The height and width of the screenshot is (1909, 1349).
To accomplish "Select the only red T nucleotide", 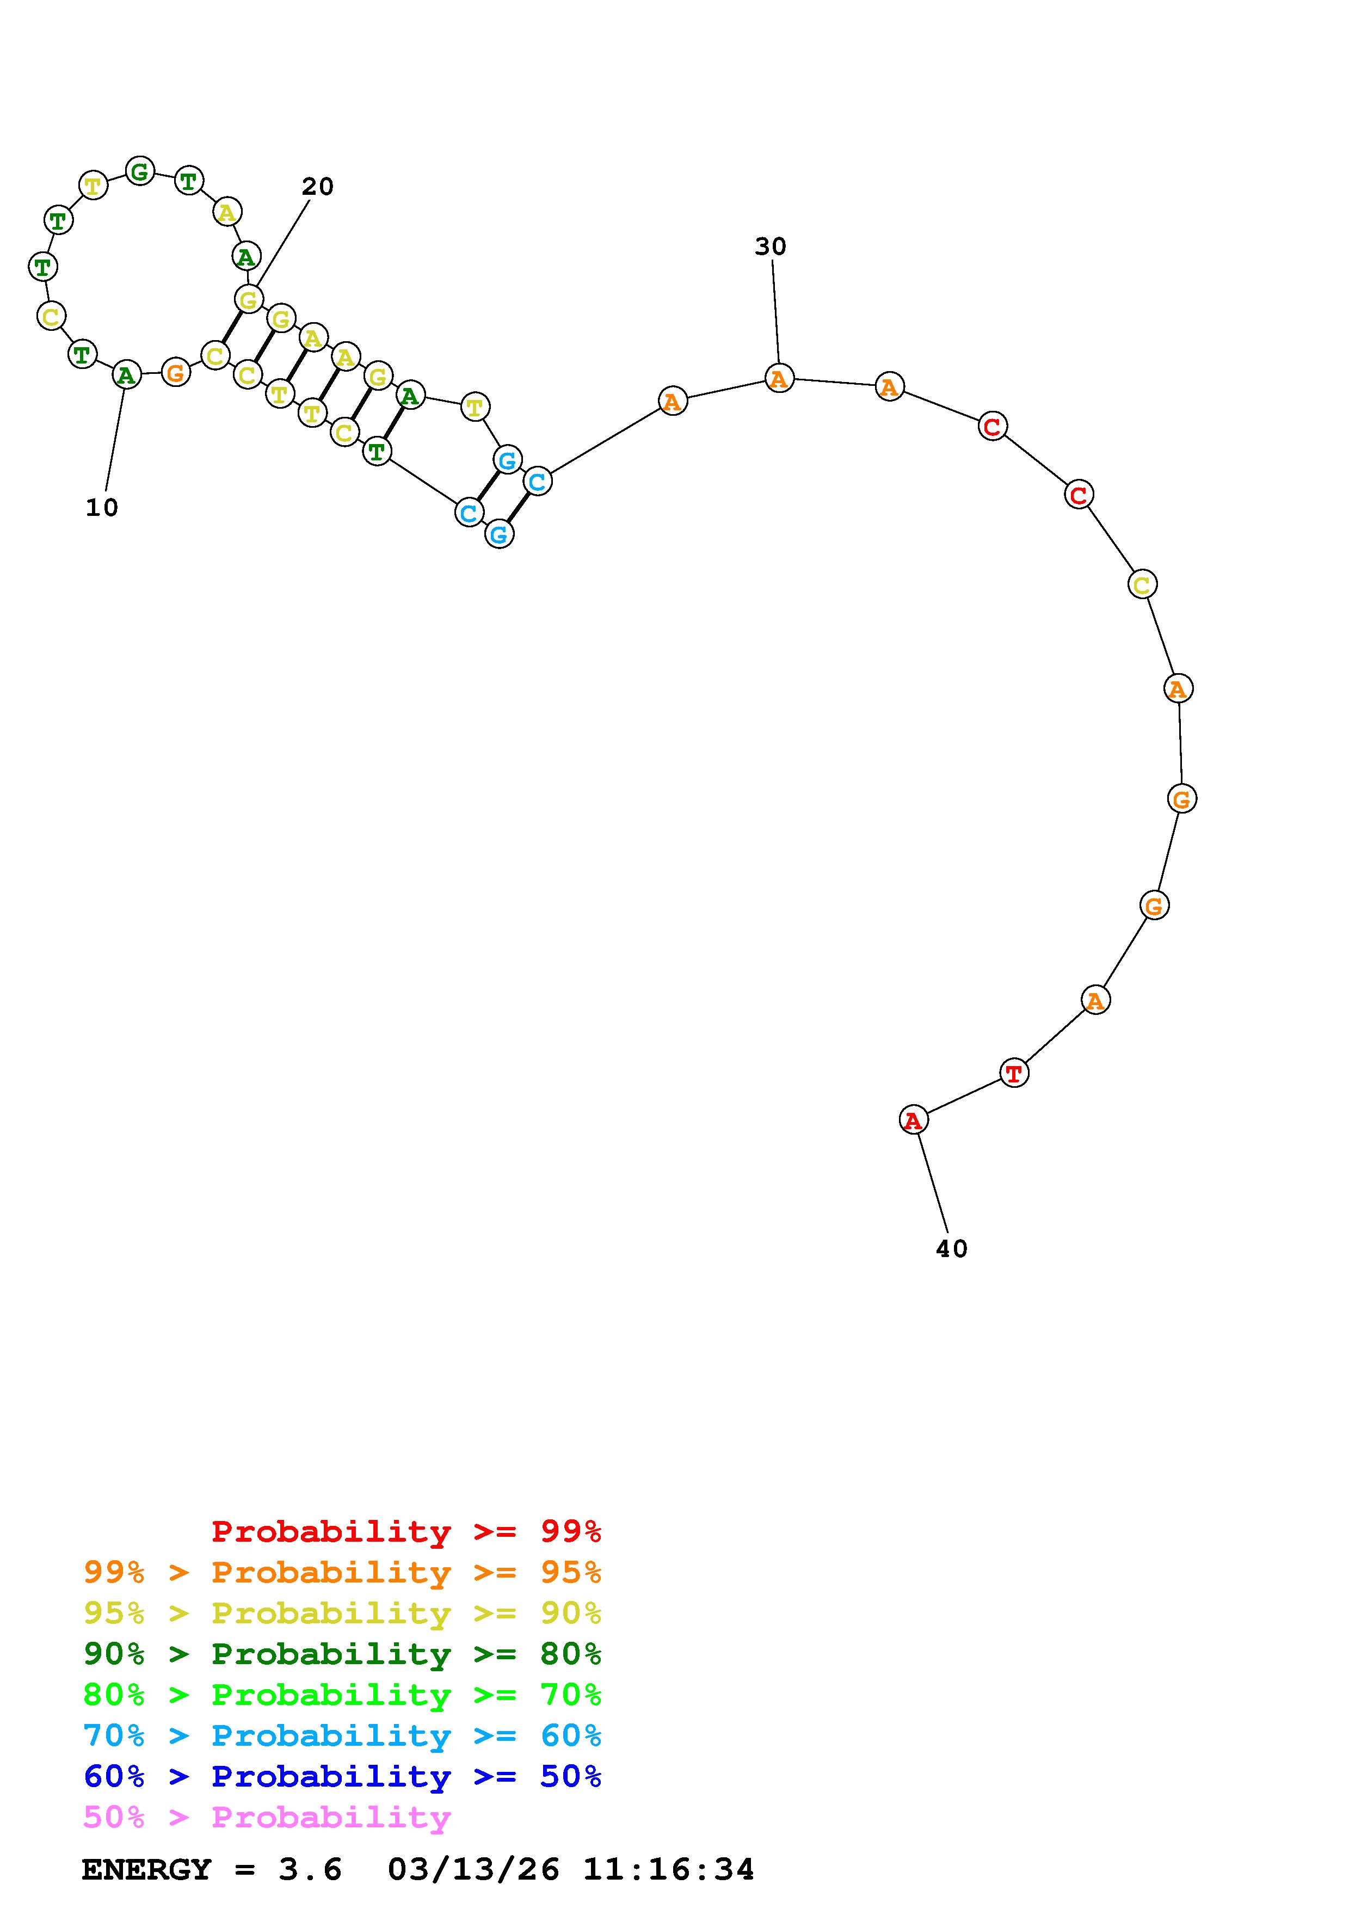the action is [x=1014, y=1073].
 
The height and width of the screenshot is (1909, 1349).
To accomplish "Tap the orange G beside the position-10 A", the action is [x=175, y=372].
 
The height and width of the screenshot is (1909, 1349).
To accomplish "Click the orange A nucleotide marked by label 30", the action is [x=779, y=378].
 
